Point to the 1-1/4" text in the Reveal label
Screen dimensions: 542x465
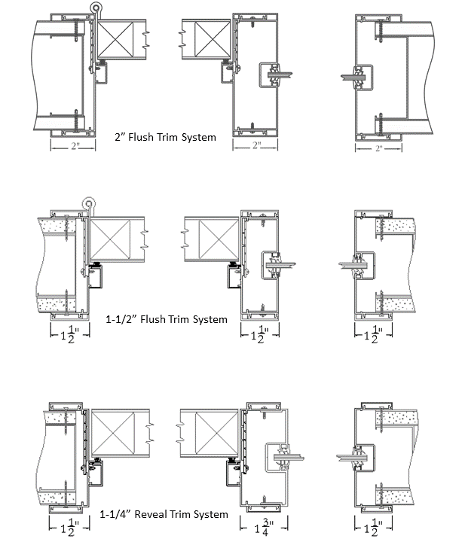pyautogui.click(x=119, y=514)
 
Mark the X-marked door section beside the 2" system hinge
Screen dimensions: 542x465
pyautogui.click(x=115, y=39)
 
